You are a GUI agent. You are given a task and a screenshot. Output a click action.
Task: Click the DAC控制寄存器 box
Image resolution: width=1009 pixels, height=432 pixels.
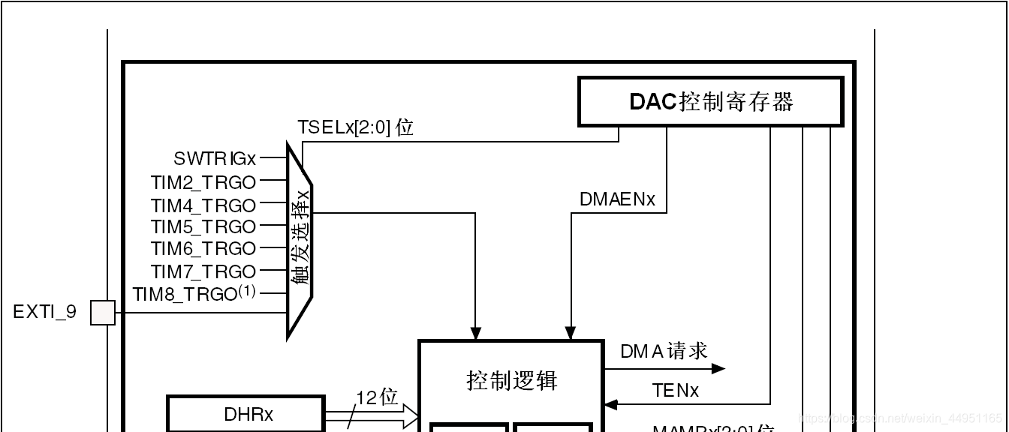[710, 101]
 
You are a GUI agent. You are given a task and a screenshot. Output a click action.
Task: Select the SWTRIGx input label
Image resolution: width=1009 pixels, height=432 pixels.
[215, 159]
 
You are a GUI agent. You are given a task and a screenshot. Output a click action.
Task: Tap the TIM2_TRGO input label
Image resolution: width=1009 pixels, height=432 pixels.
[203, 182]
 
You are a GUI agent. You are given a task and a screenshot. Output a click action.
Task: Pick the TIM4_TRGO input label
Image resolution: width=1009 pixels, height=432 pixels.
[203, 205]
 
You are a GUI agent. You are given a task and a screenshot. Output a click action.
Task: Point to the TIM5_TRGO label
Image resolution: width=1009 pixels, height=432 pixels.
[203, 227]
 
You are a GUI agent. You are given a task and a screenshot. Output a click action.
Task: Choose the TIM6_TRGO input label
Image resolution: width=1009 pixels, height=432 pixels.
[203, 249]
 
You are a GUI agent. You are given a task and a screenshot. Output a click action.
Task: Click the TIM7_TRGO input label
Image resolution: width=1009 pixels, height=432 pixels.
[203, 271]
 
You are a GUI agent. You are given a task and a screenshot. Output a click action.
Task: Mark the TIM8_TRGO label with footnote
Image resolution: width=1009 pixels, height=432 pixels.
[194, 294]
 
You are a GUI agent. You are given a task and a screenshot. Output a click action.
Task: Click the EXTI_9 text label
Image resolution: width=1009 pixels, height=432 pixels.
[45, 312]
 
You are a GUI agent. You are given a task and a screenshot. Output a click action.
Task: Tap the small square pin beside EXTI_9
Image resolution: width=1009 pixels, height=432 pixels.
[103, 313]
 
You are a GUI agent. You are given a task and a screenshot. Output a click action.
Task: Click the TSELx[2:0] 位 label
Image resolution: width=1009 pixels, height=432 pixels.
[355, 127]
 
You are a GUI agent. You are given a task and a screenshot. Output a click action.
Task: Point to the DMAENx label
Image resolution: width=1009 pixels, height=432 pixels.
[617, 199]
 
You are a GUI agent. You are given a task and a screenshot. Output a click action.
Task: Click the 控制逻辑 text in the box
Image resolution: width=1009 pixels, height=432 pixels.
[512, 381]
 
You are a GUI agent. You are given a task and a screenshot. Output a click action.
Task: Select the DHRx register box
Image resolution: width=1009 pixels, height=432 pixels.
[246, 414]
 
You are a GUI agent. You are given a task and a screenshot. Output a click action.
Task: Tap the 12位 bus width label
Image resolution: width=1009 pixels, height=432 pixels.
[376, 397]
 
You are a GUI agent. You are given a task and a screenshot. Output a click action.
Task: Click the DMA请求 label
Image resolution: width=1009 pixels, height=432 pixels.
[664, 351]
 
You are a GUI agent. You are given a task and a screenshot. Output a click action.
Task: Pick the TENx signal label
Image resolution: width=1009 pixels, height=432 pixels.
[675, 391]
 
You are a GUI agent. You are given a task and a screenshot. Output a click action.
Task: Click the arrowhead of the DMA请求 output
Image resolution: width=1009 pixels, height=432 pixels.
[718, 368]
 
